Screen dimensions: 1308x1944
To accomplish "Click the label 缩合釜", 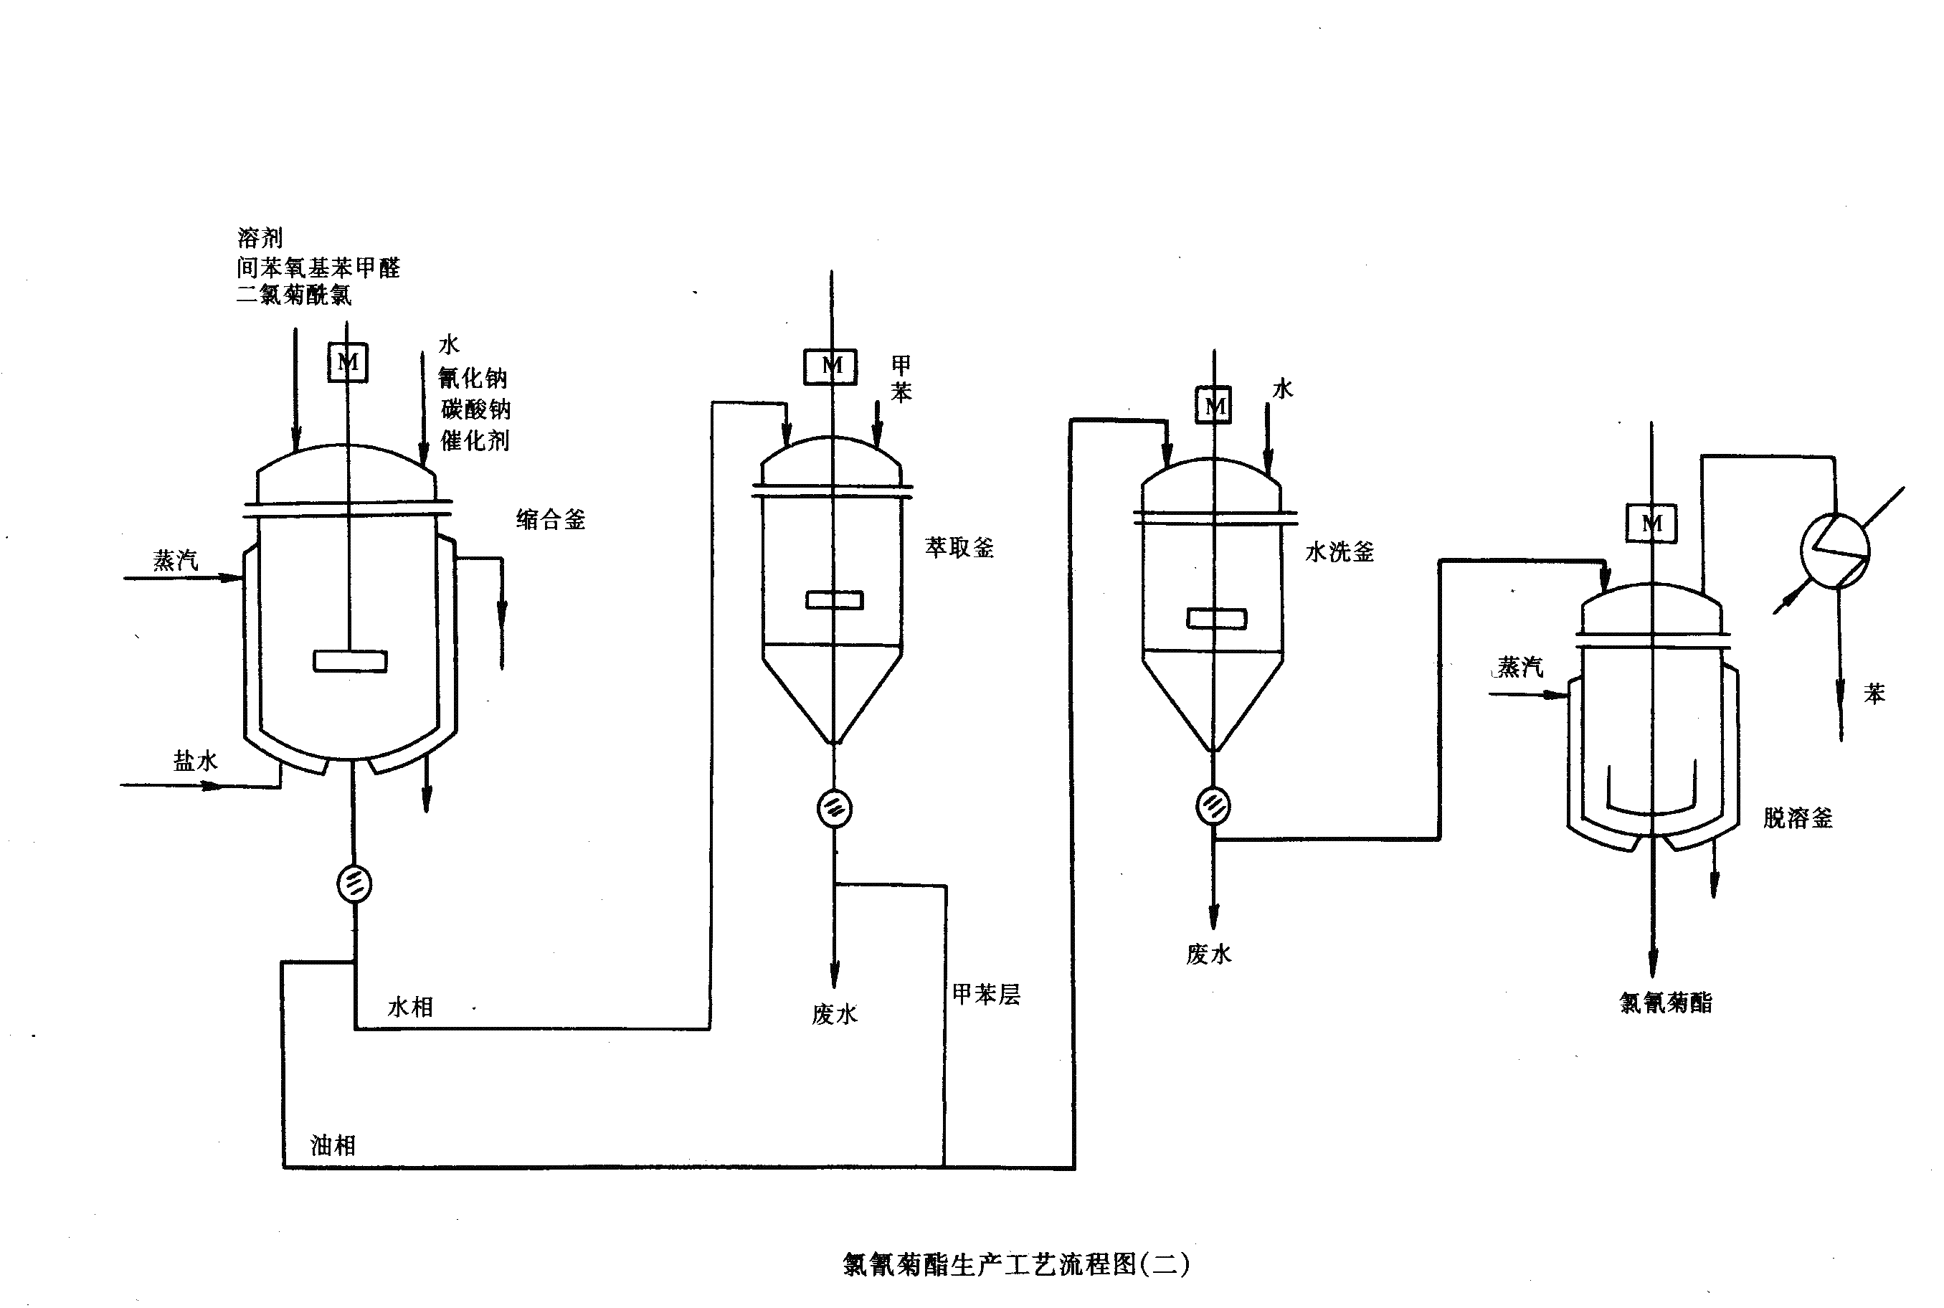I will point(551,520).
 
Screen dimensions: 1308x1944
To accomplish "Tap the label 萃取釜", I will point(959,547).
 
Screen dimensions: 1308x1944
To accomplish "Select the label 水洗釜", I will point(1340,551).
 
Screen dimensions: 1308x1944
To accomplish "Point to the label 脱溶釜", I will point(1797,817).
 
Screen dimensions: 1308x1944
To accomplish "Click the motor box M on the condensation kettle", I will point(348,362).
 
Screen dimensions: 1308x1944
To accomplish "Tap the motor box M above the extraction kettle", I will point(830,366).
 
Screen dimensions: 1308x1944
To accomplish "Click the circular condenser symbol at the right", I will point(1835,551).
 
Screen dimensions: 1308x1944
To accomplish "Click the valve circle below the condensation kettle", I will point(354,883).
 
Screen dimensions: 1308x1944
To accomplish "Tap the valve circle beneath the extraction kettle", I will point(834,808).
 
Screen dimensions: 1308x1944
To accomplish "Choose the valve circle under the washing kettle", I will point(1213,806).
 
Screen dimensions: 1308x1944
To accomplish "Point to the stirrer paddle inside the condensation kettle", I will point(350,660).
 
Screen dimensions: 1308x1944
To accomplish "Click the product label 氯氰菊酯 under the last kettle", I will point(1666,1003).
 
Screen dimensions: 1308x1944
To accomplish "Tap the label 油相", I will point(333,1145).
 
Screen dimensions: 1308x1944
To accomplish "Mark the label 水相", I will point(409,1007).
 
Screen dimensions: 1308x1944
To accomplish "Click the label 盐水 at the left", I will point(195,761).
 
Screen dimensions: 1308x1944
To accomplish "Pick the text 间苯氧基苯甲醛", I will point(318,267).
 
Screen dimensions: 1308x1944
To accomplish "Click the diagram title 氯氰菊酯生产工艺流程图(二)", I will point(1016,1265).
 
